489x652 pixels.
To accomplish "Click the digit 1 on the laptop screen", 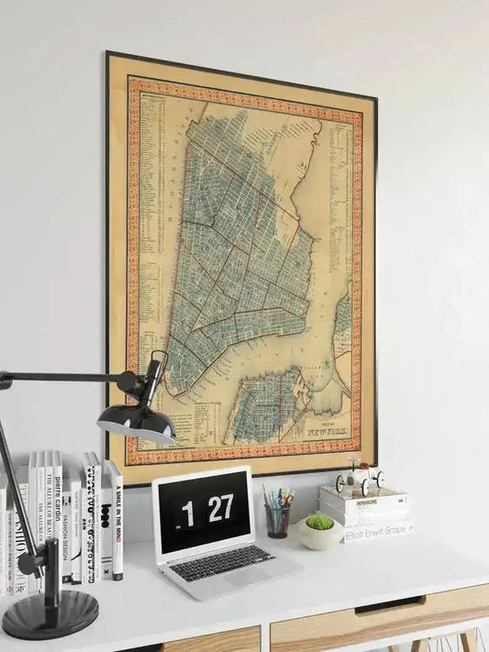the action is [188, 514].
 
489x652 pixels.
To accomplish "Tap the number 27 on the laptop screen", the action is [219, 509].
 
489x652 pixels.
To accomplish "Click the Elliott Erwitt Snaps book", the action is [377, 530].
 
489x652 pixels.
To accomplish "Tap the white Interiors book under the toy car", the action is [362, 503].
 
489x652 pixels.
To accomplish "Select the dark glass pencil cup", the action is [276, 521].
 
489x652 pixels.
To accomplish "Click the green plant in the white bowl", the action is [319, 522].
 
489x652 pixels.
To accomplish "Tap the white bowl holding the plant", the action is [319, 536].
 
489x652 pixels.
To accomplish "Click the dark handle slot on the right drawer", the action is [390, 605].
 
